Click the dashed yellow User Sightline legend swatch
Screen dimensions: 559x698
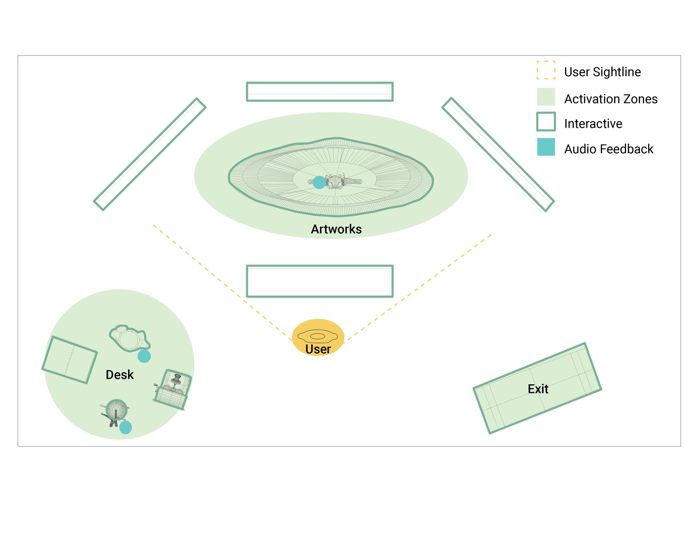coord(546,70)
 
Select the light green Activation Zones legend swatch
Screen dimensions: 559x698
coord(546,97)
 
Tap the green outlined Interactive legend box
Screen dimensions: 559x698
coord(546,122)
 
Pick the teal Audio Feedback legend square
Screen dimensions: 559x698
coord(546,147)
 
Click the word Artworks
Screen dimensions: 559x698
coord(336,229)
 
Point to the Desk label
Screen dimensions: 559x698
coord(119,375)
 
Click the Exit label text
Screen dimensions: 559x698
coord(538,389)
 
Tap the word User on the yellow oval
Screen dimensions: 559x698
coord(318,349)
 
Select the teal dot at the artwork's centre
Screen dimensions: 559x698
coord(319,183)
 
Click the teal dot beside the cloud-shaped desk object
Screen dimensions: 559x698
coord(144,356)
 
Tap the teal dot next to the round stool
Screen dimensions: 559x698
coord(126,427)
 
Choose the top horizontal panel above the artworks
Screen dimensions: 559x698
coord(319,92)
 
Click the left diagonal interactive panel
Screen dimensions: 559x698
coord(150,154)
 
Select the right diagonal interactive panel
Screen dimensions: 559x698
coord(498,154)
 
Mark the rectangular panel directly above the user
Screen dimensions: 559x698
coord(319,281)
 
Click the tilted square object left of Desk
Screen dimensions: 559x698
coord(70,360)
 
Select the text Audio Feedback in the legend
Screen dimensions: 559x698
coord(609,149)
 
